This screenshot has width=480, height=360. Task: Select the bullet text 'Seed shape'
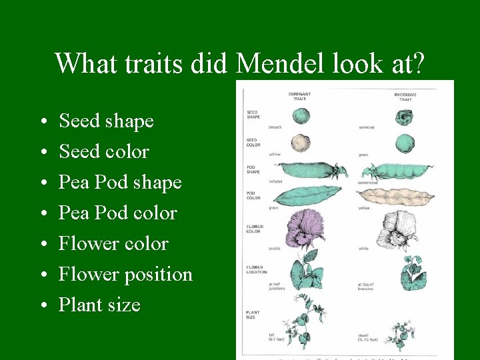pos(106,121)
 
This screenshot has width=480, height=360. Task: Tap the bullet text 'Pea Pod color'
pos(117,213)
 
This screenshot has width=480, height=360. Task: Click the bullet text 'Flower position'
pos(125,274)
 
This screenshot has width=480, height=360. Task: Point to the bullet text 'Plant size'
pos(99,305)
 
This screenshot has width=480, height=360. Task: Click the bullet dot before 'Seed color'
pos(42,152)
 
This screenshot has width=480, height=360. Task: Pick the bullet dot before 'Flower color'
pos(42,244)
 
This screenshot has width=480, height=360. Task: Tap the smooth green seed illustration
pos(302,115)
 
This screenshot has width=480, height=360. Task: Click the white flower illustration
pos(399,231)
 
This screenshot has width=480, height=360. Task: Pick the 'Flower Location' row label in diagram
pos(256,269)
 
